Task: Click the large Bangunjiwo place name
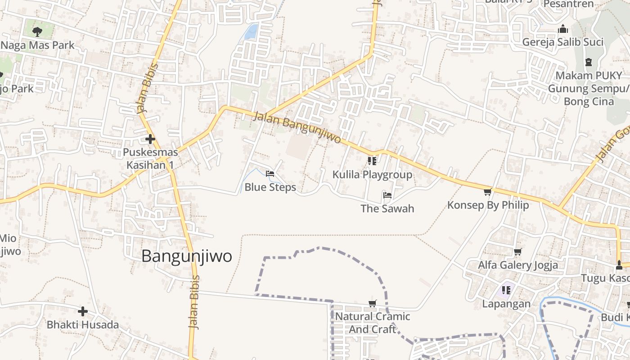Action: [x=187, y=256]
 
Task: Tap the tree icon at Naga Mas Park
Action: [x=37, y=31]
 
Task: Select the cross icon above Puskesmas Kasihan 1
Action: [x=150, y=139]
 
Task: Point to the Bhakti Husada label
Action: [x=83, y=324]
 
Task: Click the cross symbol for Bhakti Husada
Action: [x=83, y=311]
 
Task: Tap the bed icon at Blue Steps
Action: [x=270, y=174]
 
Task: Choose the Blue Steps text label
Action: [x=270, y=187]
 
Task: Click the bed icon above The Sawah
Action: [x=387, y=195]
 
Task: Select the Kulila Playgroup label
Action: [x=372, y=175]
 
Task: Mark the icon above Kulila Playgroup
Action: [x=372, y=161]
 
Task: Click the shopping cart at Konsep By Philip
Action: [x=487, y=192]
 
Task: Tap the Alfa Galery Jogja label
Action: [x=517, y=265]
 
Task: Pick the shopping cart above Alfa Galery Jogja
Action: [x=517, y=252]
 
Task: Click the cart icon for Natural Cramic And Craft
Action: [x=372, y=303]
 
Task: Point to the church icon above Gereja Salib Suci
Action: [x=562, y=30]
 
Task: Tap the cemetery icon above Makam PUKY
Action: [x=588, y=62]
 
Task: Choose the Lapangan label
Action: [x=506, y=304]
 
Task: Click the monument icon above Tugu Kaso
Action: [x=619, y=265]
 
